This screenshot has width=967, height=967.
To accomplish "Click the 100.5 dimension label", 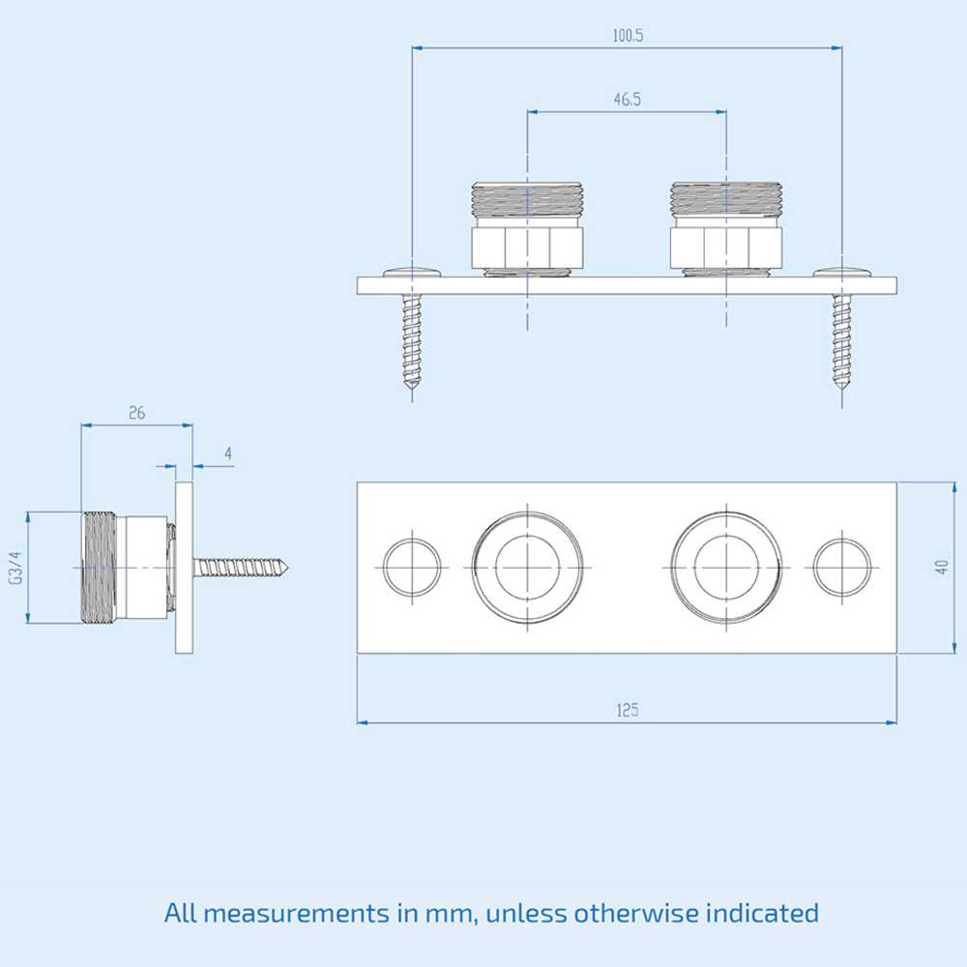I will pyautogui.click(x=628, y=36).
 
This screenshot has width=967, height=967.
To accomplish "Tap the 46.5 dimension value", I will pyautogui.click(x=628, y=99).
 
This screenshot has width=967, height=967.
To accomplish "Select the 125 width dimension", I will pyautogui.click(x=628, y=709).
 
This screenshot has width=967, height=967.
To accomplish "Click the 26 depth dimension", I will pyautogui.click(x=136, y=412).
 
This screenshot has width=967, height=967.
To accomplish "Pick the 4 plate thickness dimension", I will pyautogui.click(x=228, y=453).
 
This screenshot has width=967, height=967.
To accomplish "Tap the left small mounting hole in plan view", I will pyautogui.click(x=412, y=567).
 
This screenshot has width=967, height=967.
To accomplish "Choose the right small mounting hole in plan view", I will pyautogui.click(x=841, y=567).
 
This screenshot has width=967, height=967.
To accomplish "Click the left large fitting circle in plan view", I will pyautogui.click(x=528, y=567).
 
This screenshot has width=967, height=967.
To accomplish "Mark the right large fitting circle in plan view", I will pyautogui.click(x=726, y=567).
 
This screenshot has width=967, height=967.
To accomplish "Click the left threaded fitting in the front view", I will pyautogui.click(x=528, y=224).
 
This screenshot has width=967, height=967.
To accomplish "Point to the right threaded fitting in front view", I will pyautogui.click(x=726, y=224).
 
